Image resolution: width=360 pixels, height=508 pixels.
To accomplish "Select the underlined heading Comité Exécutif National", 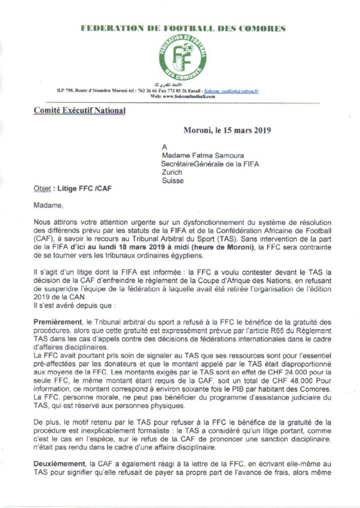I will point(79,111).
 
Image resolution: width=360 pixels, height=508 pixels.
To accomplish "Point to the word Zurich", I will point(173,171).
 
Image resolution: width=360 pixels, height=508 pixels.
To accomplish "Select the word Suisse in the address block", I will point(172,180).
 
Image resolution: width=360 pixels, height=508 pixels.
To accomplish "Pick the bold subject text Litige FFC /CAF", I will point(84,189).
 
